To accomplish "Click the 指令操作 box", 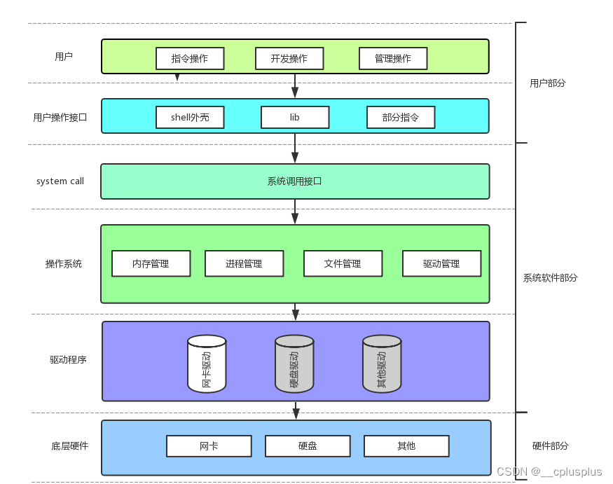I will pos(189,58).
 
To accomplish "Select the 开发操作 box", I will pos(289,58).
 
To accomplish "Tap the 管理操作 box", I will pos(392,58).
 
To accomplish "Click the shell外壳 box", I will pos(190,117).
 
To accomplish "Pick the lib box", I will pos(295,117).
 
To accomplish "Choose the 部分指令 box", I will pos(401,117).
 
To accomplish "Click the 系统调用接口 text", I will pos(294,181).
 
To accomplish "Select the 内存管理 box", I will pos(151,263).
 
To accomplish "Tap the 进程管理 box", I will pos(244,263).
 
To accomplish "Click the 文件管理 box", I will pos(343,263).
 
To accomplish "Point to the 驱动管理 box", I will pos(441,263).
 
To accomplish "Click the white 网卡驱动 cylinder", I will pos(207,364).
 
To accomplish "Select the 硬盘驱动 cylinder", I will pos(294,364).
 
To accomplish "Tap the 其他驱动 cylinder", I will pos(382,364).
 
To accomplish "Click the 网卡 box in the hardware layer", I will pos(209,445).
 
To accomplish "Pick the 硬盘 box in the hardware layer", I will pos(308,445).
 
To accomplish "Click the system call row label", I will pos(60,181).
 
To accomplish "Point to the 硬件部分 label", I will pos(551,445).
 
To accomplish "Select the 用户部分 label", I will pos(548,83).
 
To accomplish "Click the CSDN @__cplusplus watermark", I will pos(549,471).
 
